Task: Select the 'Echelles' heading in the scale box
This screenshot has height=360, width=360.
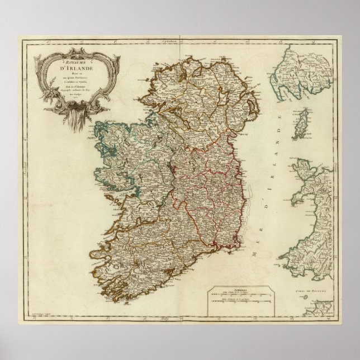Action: tap(243, 290)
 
